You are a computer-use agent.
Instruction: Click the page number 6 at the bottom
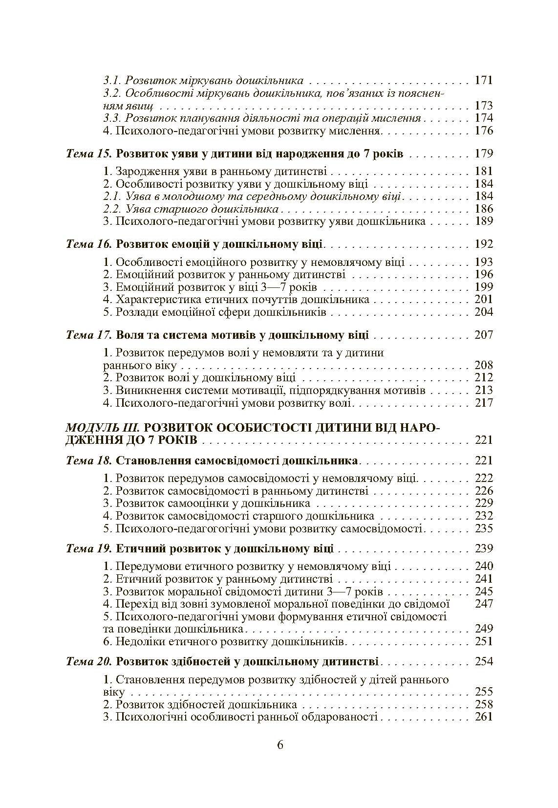tap(279, 744)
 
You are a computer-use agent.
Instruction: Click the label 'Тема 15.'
tap(89, 153)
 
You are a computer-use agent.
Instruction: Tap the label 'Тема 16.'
tap(89, 244)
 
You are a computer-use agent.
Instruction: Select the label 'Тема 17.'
tap(89, 335)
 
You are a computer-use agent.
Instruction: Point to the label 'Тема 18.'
tap(89, 460)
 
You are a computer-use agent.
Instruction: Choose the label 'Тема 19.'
tap(89, 548)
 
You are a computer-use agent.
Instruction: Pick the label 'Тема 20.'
tap(89, 662)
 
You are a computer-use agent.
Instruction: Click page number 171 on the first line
tap(483, 81)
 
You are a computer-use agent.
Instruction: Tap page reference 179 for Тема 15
tap(483, 153)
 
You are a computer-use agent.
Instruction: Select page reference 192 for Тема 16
tap(483, 244)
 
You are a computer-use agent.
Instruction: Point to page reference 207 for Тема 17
tap(483, 335)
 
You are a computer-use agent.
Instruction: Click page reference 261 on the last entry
tap(483, 717)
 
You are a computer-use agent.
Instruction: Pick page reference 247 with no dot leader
tap(483, 604)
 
